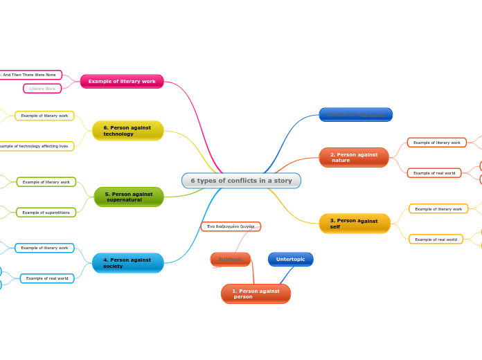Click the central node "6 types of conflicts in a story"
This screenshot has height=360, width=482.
(241, 181)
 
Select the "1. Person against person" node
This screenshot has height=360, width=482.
(256, 294)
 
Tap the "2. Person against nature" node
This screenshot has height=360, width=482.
(353, 157)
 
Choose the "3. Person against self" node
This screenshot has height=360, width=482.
(355, 224)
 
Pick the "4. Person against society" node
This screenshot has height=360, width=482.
(127, 263)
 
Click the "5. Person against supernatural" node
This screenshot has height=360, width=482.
(129, 197)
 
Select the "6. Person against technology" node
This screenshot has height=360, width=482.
(127, 130)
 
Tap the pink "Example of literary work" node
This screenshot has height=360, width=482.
(122, 82)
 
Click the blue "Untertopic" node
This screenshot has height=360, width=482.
(290, 259)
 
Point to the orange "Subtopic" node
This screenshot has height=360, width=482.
(231, 259)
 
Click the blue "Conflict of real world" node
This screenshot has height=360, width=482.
(355, 114)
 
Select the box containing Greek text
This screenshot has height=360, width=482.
(231, 226)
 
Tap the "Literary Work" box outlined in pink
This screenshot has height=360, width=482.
(42, 89)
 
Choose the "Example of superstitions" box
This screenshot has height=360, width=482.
(46, 213)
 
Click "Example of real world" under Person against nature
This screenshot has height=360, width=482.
(434, 173)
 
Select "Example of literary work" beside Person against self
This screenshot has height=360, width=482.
(438, 208)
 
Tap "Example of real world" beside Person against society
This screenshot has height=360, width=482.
(47, 278)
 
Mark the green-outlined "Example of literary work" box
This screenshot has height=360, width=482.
(46, 182)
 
